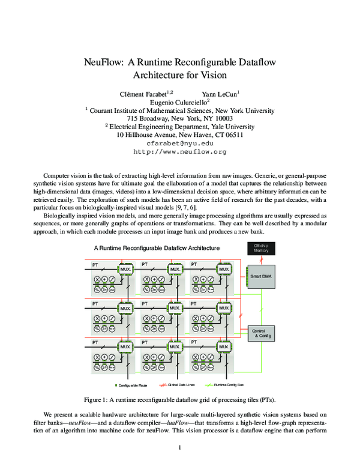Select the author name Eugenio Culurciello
179,102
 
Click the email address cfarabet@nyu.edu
180,144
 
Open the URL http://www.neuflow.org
180,153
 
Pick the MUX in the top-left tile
126,270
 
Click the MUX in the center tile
175,308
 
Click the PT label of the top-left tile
95,264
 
